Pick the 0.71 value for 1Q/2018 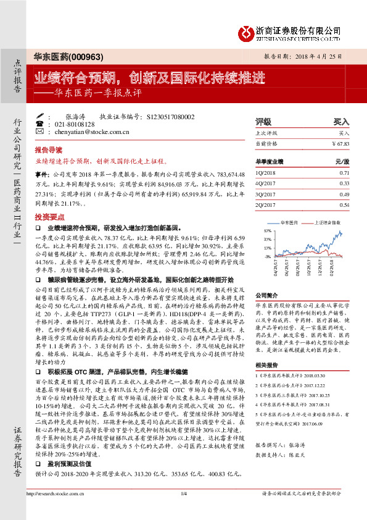[x=344, y=172]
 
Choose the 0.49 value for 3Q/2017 [x=344, y=193]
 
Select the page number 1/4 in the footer [x=183, y=511]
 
